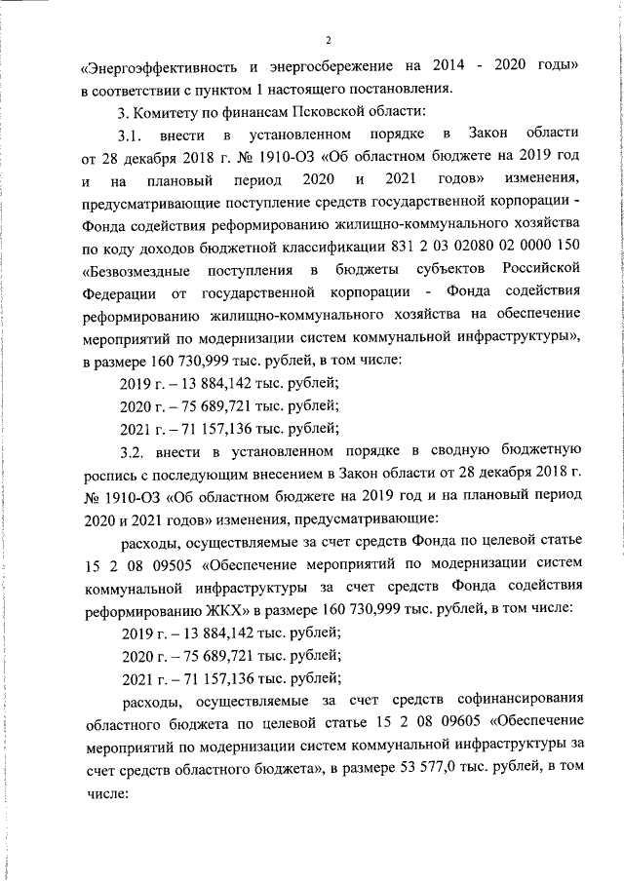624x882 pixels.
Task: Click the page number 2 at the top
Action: (329, 40)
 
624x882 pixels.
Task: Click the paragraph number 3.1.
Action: (134, 133)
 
